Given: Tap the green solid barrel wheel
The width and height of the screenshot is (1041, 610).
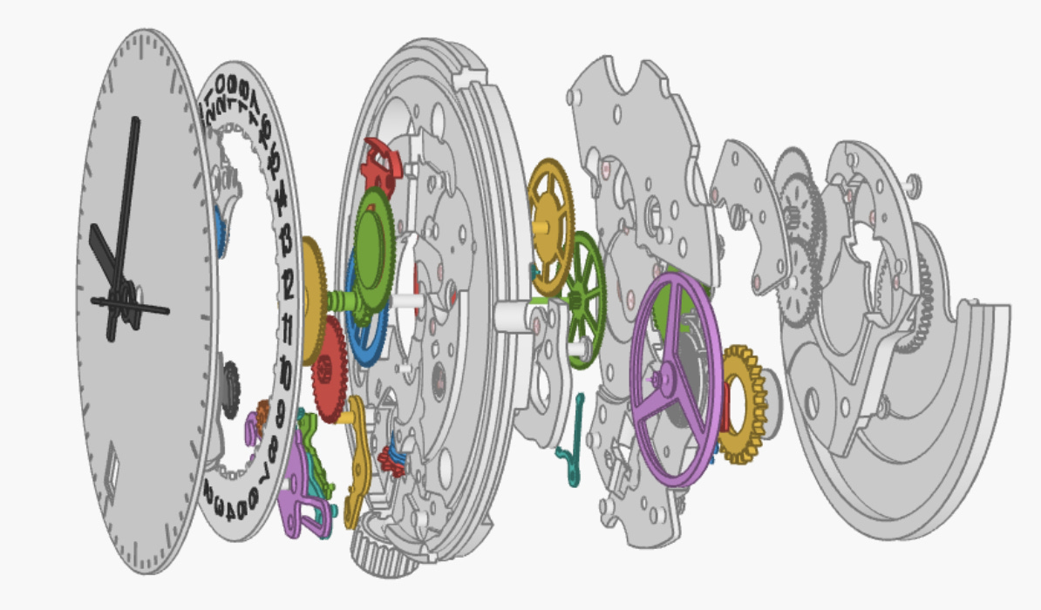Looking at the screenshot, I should coord(375,248).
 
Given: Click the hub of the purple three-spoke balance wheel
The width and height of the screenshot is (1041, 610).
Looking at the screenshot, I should coord(667,378).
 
